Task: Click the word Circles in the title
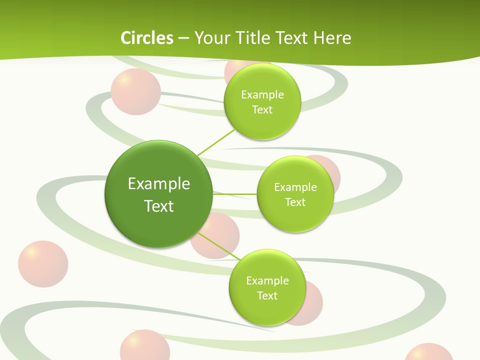pyautogui.click(x=146, y=38)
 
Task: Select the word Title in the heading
pyautogui.click(x=257, y=38)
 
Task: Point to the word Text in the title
pyautogui.click(x=295, y=38)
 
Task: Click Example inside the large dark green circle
pyautogui.click(x=159, y=183)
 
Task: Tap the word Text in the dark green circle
pyautogui.click(x=159, y=206)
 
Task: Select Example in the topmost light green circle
pyautogui.click(x=262, y=94)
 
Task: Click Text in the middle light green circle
pyautogui.click(x=295, y=202)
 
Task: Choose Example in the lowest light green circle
pyautogui.click(x=267, y=280)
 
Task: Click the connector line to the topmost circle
pyautogui.click(x=216, y=142)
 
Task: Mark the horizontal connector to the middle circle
pyautogui.click(x=235, y=193)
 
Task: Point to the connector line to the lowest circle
pyautogui.click(x=220, y=246)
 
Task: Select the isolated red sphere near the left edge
pyautogui.click(x=43, y=264)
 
